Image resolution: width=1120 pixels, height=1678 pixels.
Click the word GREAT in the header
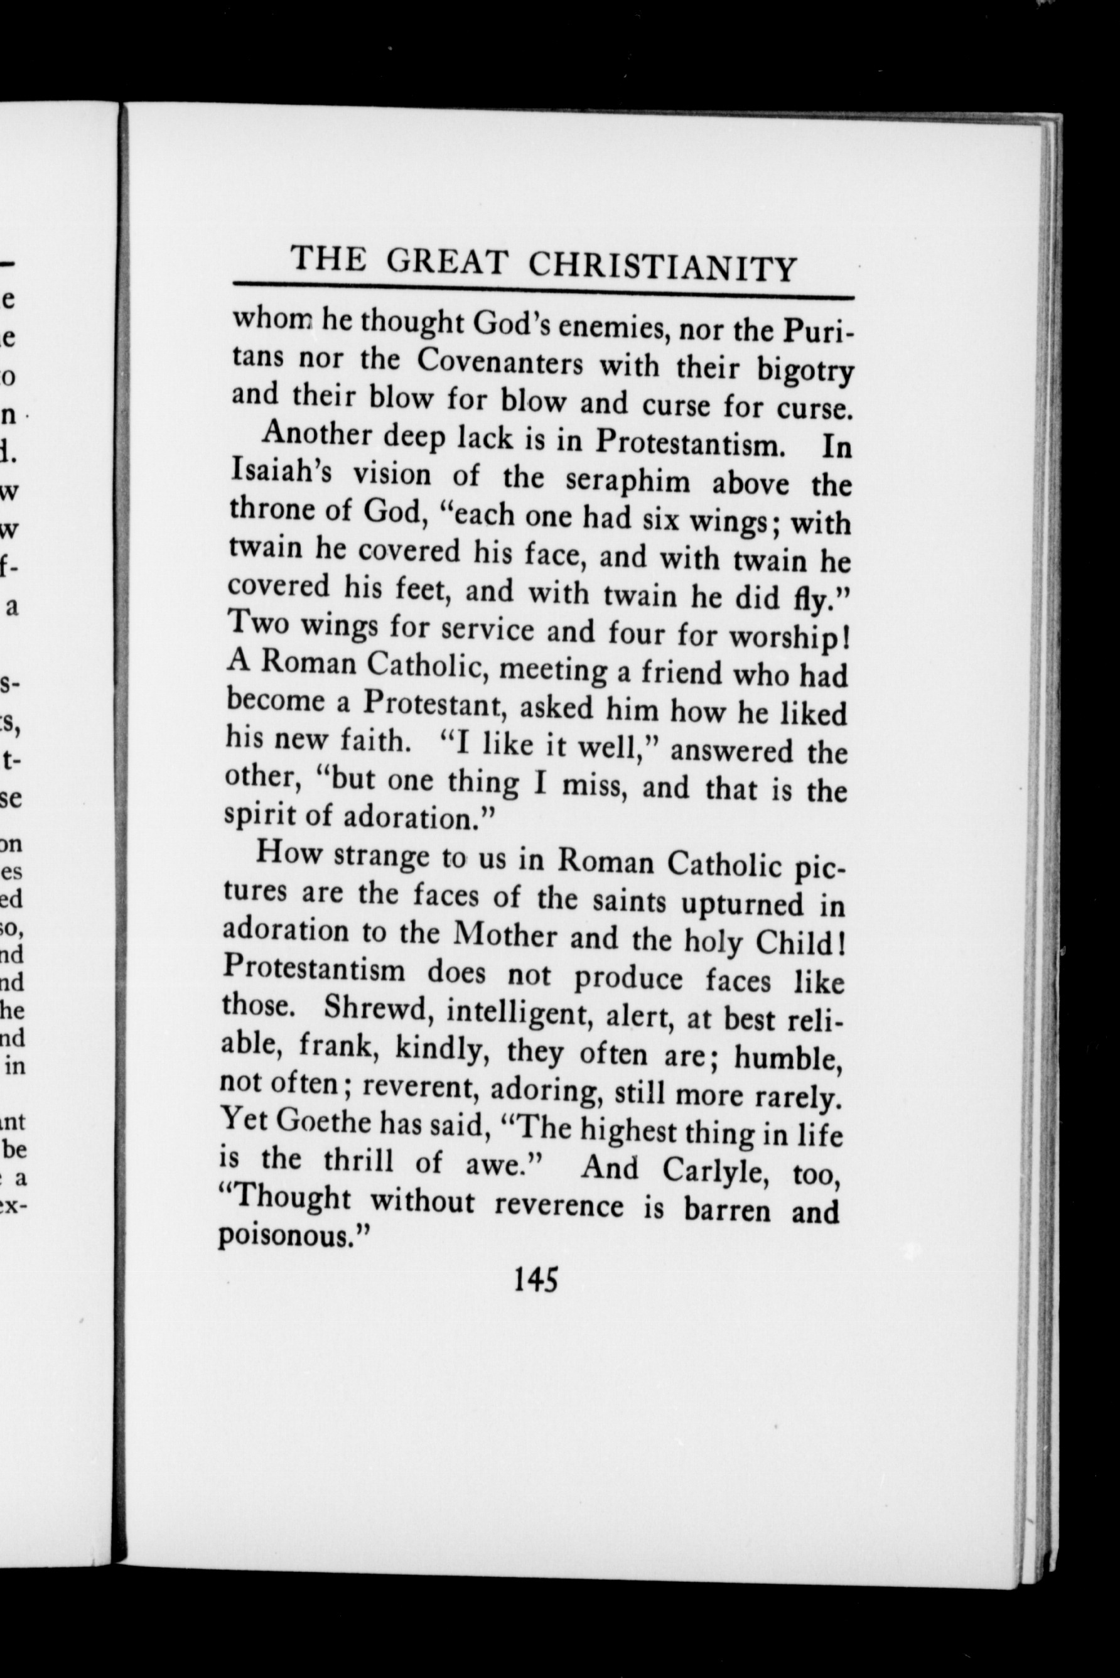446,262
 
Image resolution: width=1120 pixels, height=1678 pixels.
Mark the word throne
271,508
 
